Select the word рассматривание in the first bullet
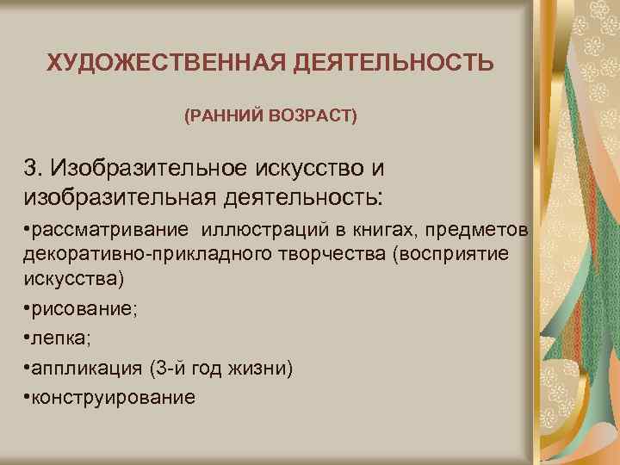[113, 231]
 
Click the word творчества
[292, 256]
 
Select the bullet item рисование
[81, 311]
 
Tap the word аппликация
[87, 369]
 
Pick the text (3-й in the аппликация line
[167, 369]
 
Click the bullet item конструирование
[113, 398]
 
